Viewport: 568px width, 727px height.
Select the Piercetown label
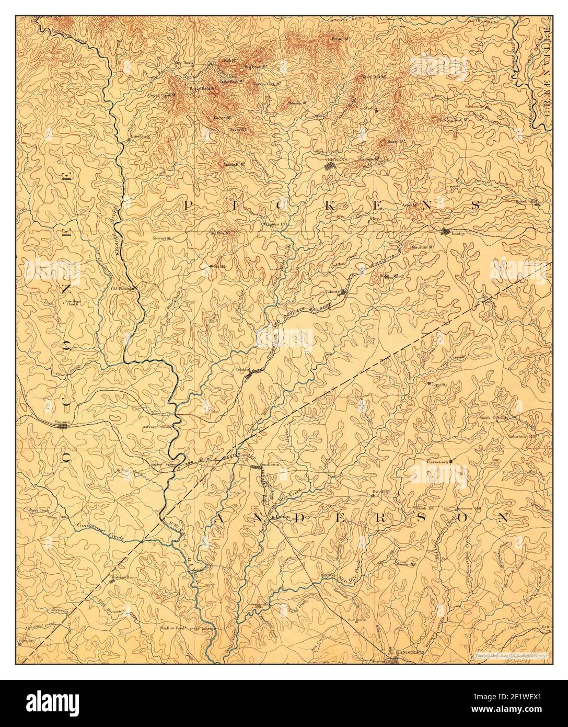tap(438, 462)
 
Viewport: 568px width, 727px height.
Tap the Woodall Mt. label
tap(235, 164)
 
